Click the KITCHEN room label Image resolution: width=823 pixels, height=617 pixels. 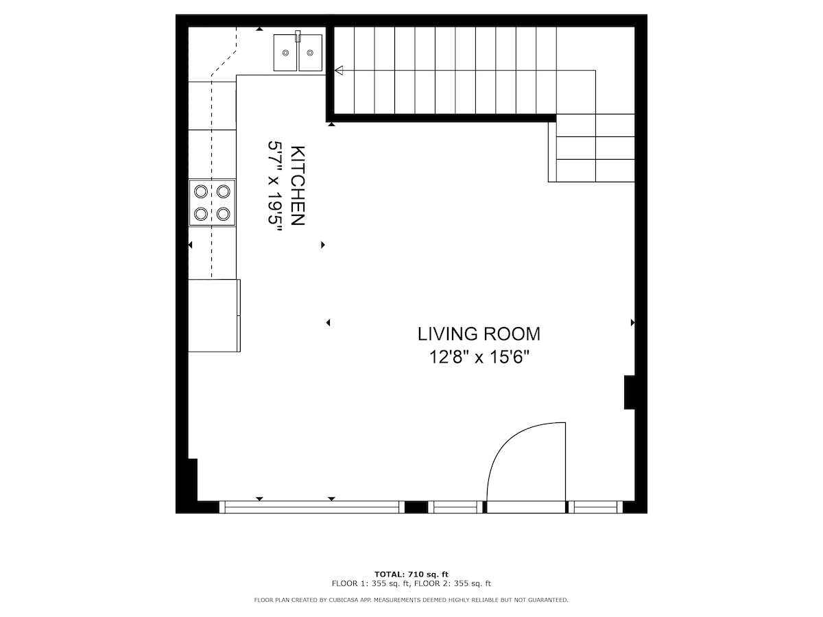(298, 186)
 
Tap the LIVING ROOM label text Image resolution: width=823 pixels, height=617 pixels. (479, 334)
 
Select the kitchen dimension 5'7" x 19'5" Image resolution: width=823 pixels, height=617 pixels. (275, 188)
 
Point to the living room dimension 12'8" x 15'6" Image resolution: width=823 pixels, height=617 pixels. (479, 357)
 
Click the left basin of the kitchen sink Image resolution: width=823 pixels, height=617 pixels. (286, 53)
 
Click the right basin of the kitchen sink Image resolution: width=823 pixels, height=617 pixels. (310, 53)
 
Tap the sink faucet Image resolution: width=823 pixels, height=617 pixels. (298, 36)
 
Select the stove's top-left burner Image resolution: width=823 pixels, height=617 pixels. (201, 192)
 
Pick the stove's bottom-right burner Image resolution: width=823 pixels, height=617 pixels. (224, 215)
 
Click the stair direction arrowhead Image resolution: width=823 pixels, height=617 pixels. (339, 70)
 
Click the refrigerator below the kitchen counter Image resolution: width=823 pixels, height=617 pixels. (214, 315)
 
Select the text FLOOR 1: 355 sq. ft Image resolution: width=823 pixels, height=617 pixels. (371, 583)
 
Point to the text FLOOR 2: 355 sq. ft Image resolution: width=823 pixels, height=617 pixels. (453, 583)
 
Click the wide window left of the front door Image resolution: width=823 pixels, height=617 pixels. (312, 507)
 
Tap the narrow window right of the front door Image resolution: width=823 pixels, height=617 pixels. (595, 507)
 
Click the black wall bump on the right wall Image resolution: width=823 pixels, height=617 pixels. (630, 392)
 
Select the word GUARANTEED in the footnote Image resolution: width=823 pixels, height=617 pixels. (548, 600)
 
